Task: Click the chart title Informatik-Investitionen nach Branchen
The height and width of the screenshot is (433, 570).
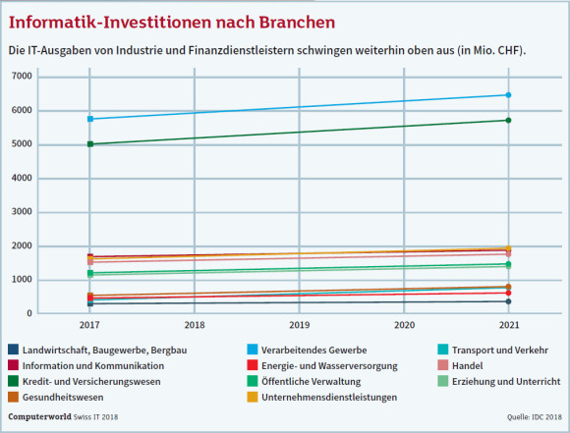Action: pos(172,23)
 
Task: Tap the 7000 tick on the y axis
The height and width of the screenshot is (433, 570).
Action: pos(22,77)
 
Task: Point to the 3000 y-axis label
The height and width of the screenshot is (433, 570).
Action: pos(22,212)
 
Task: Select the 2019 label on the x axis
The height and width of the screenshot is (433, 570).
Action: pos(299,325)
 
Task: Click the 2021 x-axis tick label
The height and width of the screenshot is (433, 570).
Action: pos(509,325)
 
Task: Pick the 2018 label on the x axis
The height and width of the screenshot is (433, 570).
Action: pos(195,325)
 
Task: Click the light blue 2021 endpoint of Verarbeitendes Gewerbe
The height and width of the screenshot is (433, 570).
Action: pos(508,95)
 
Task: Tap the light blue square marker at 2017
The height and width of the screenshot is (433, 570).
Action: pos(90,119)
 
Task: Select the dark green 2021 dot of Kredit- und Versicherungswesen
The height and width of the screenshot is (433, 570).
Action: pos(508,120)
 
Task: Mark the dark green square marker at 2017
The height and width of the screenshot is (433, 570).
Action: pos(90,144)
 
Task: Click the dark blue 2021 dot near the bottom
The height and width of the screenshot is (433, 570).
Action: pos(508,301)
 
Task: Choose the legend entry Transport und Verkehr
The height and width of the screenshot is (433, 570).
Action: pos(493,350)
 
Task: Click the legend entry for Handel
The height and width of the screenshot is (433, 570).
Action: pos(460,365)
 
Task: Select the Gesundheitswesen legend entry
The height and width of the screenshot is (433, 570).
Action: pos(56,397)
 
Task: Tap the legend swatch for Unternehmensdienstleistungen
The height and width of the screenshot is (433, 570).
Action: pos(252,397)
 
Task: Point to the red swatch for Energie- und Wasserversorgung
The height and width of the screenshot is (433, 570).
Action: pos(252,365)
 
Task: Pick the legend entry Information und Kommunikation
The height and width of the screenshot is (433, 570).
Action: pos(86,365)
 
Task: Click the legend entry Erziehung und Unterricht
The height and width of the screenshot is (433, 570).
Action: pos(499,381)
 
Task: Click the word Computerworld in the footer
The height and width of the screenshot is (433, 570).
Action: pos(39,416)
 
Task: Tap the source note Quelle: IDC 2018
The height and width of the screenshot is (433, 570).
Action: pos(535,417)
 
